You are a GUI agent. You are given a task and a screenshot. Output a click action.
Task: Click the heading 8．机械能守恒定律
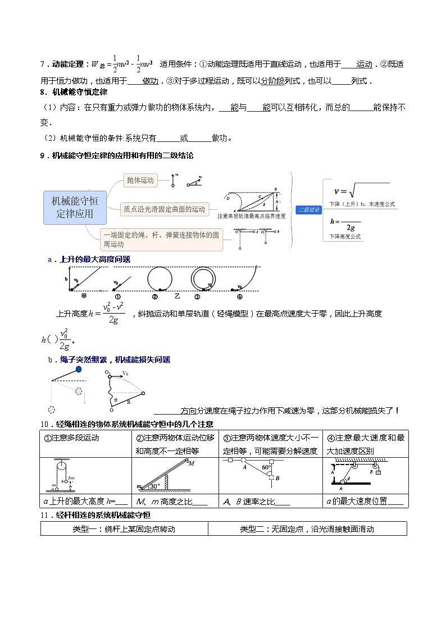click(74, 92)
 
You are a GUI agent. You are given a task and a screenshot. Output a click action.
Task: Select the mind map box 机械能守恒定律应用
click(74, 207)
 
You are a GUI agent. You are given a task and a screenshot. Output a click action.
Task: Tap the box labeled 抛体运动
click(140, 180)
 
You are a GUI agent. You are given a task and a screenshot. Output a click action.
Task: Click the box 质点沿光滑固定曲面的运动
click(165, 209)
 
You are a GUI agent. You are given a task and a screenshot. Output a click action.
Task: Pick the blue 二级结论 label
click(309, 209)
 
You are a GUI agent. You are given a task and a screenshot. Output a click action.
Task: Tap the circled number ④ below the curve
click(239, 297)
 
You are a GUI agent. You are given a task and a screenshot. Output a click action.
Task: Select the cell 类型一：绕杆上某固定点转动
click(124, 528)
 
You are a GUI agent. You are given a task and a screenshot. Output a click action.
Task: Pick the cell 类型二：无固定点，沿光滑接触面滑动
click(307, 528)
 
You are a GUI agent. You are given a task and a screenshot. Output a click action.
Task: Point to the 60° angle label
click(266, 467)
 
